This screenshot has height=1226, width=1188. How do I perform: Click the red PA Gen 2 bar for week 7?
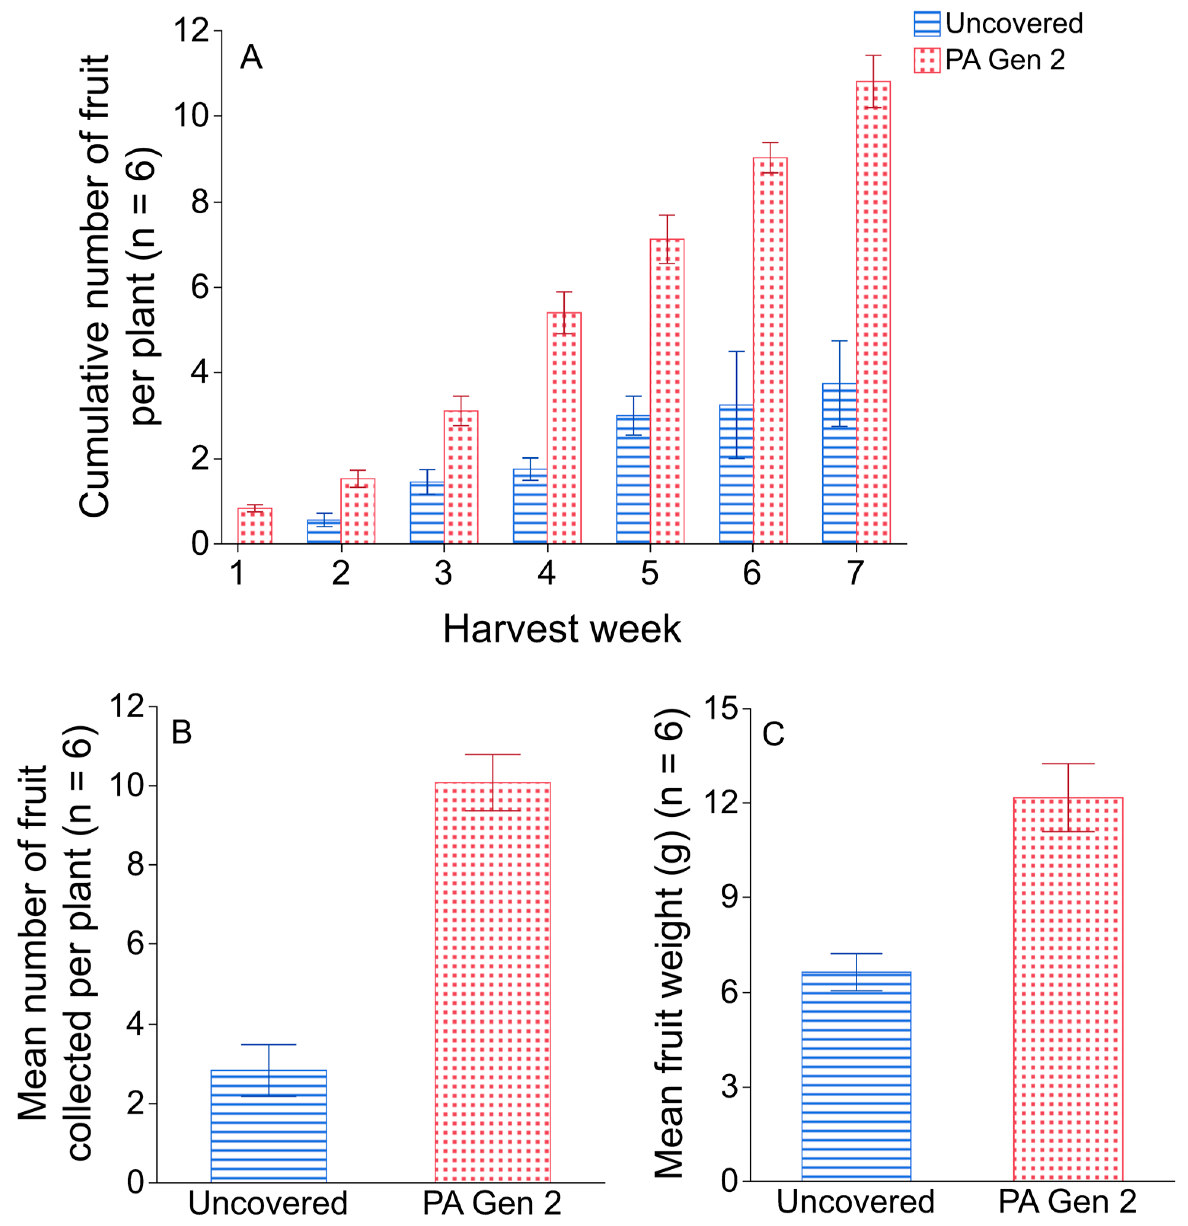click(873, 312)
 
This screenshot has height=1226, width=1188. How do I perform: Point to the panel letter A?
click(251, 57)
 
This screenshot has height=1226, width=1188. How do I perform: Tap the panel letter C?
click(773, 734)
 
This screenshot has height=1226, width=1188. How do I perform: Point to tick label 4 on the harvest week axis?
click(547, 572)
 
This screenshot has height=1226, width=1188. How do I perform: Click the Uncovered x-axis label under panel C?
click(855, 1202)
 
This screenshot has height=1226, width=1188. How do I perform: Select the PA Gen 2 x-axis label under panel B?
click(492, 1204)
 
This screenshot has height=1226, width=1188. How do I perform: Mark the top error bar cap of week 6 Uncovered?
click(737, 351)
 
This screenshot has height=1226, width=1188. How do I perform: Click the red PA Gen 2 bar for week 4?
click(564, 428)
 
